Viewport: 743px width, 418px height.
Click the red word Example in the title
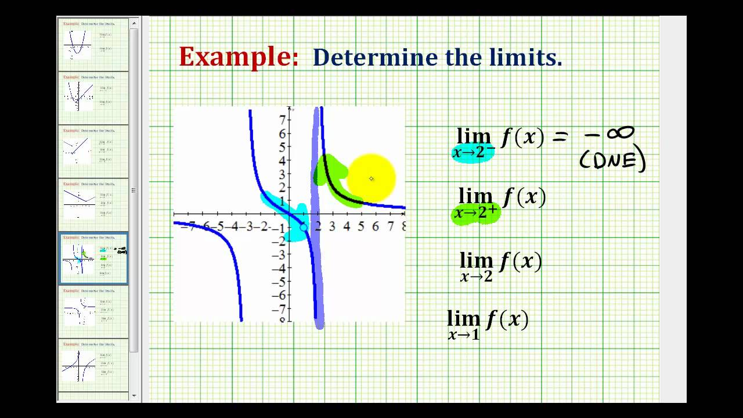coord(238,57)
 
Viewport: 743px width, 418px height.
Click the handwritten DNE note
coord(612,160)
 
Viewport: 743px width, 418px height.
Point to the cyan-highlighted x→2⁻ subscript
coord(473,153)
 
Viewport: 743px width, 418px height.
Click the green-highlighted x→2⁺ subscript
coord(475,213)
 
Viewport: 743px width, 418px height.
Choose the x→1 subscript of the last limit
coord(464,334)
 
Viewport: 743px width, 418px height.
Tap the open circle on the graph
coord(304,227)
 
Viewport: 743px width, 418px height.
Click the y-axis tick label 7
coord(282,120)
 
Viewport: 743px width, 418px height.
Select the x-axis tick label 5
coord(360,226)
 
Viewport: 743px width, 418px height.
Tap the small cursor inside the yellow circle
coord(371,179)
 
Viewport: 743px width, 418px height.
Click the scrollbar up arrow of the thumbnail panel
coord(134,24)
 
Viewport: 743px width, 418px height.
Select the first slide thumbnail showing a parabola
coord(93,45)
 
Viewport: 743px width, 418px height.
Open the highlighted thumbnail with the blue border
coord(93,258)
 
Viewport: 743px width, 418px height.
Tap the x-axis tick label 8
coord(402,226)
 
